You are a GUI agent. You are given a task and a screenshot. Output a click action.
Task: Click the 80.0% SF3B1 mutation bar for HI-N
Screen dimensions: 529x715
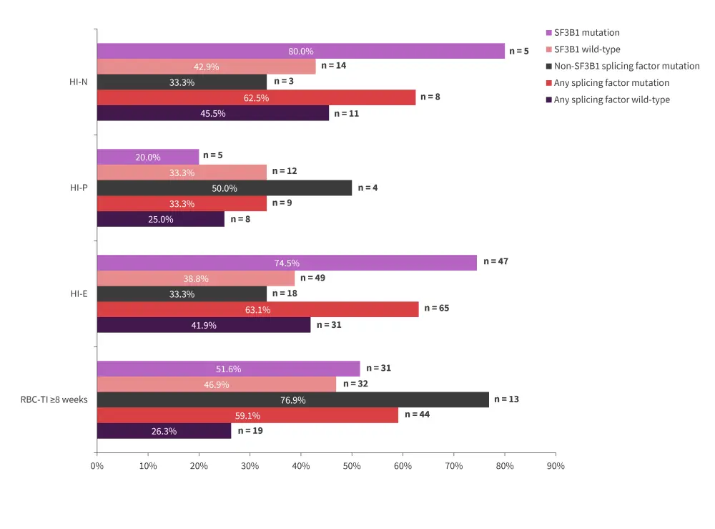tap(300, 52)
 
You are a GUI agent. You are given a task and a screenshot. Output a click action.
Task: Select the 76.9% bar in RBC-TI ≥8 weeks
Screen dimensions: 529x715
tap(292, 400)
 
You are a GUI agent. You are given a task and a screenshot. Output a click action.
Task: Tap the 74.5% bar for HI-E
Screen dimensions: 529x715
tap(286, 263)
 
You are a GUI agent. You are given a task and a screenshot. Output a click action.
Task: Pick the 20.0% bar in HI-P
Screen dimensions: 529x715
tap(148, 157)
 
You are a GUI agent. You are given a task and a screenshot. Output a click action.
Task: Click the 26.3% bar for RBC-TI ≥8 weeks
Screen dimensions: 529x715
tap(164, 431)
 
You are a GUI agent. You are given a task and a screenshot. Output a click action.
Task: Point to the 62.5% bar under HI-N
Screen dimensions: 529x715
tap(256, 98)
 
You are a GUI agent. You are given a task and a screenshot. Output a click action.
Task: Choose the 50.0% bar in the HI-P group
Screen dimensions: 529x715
tap(224, 188)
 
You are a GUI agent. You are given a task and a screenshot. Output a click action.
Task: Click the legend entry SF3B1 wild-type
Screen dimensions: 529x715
tap(587, 49)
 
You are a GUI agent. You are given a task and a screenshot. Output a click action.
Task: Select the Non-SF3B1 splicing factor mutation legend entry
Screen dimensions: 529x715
tap(626, 66)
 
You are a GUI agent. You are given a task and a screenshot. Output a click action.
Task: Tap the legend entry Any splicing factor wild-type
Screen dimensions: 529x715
tap(611, 100)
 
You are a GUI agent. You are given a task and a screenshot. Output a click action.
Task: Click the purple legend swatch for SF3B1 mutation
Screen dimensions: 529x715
tap(548, 33)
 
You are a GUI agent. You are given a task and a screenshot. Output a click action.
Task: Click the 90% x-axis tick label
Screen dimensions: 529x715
tap(556, 466)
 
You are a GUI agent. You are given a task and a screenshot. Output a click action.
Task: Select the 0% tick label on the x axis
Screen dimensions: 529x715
tap(97, 466)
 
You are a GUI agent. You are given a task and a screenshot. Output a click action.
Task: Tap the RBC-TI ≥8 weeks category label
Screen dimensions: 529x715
tap(54, 399)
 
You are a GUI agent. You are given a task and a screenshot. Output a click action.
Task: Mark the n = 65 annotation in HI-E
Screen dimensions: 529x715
tap(437, 308)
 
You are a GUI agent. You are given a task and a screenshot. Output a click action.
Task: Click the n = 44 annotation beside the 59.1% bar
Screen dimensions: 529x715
tap(417, 414)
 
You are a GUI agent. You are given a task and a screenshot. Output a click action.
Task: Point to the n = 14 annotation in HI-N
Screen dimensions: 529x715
tap(334, 65)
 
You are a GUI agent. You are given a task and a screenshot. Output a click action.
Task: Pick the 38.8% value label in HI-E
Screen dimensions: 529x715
tap(195, 278)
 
